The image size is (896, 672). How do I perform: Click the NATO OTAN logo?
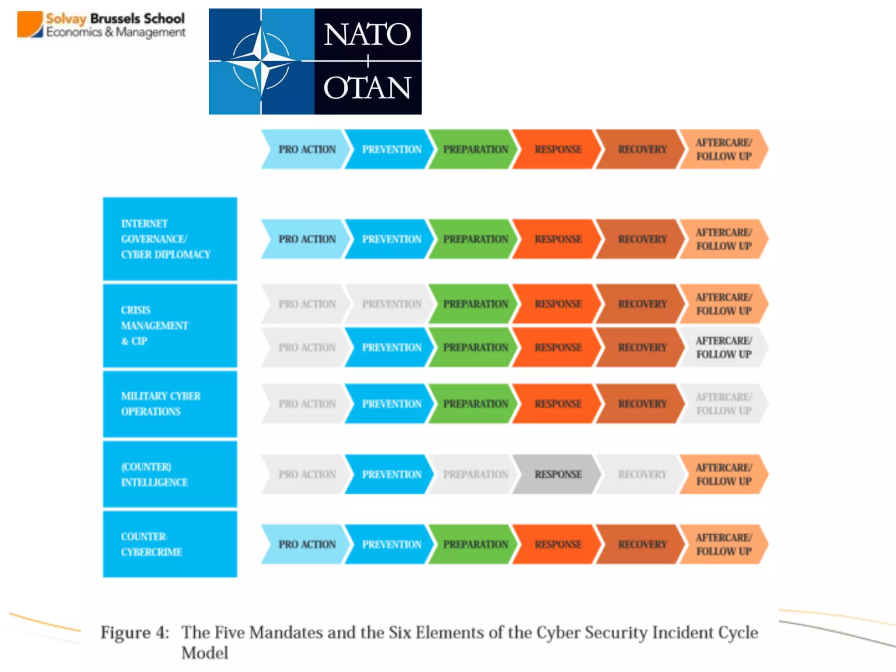click(315, 61)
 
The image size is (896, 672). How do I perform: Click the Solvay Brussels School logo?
click(101, 25)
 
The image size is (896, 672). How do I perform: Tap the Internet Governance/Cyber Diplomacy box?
click(170, 239)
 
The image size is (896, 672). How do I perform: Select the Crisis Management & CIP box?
click(170, 325)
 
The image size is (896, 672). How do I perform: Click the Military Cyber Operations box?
click(170, 403)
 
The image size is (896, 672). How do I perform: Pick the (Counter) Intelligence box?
click(170, 474)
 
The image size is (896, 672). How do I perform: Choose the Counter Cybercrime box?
click(170, 544)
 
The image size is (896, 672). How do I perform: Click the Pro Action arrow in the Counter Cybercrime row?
click(306, 544)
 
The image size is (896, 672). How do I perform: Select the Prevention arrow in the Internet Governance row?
click(391, 239)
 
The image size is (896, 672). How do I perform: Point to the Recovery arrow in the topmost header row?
click(641, 149)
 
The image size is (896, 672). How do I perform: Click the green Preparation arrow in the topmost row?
click(475, 149)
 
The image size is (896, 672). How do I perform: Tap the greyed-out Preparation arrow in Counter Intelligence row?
click(475, 474)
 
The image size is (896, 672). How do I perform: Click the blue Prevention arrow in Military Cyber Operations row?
click(391, 403)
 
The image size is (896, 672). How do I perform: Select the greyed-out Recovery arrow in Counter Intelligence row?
click(641, 474)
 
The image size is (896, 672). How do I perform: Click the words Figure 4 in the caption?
click(135, 633)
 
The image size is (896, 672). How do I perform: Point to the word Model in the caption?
click(205, 653)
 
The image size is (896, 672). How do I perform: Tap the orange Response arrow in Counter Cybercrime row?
click(557, 544)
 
